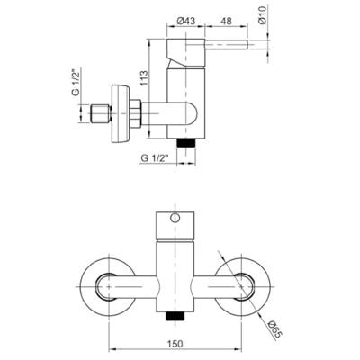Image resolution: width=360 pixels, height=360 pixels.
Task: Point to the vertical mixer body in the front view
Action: (177, 265)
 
